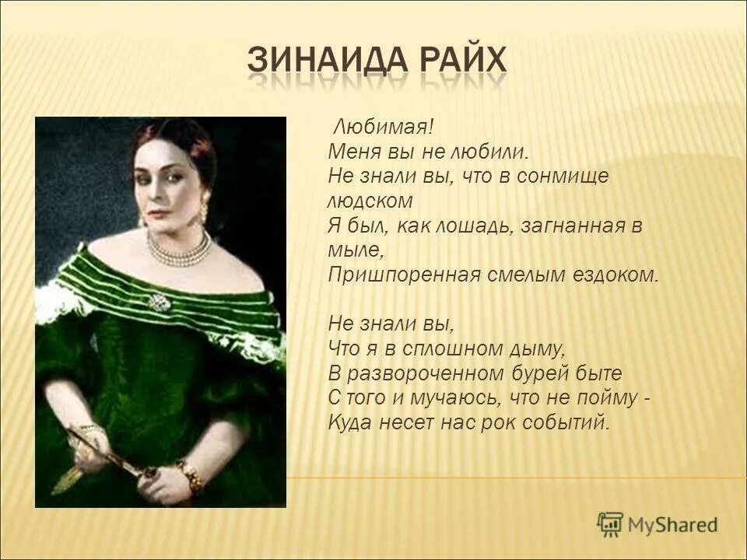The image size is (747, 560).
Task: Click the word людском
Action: [369, 201]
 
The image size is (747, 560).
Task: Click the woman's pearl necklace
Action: [178, 248]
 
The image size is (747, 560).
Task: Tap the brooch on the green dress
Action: [159, 302]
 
